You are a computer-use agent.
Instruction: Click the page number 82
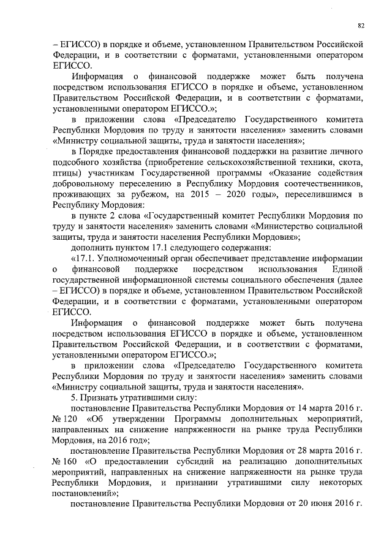coord(361,25)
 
